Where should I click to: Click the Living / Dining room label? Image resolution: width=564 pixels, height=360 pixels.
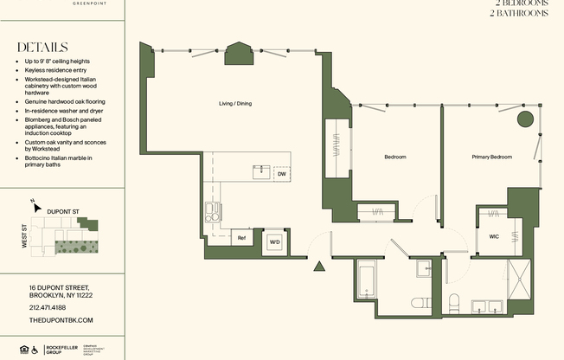(235, 104)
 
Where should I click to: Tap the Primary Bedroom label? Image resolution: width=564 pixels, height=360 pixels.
(491, 157)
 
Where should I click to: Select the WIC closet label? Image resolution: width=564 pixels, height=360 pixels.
(494, 236)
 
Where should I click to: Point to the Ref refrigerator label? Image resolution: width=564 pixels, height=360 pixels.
(242, 238)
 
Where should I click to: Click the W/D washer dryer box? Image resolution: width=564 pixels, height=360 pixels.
(275, 241)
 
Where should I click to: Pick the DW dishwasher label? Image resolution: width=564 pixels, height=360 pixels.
(281, 174)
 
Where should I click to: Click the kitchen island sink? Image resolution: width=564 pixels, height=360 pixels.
(260, 171)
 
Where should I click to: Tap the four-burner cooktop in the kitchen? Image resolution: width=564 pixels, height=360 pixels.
(213, 211)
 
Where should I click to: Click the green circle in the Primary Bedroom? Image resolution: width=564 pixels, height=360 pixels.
(524, 119)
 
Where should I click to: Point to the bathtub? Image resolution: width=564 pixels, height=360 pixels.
(365, 280)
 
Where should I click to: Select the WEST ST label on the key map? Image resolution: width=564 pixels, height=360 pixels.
(25, 238)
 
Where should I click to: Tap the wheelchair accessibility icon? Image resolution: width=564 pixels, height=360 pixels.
(35, 350)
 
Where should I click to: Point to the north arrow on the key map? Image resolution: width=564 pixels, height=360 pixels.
(33, 204)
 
